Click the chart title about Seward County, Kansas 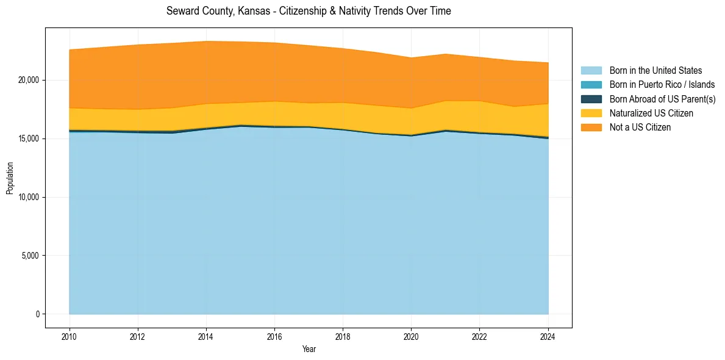coord(309,11)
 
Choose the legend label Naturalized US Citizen coord(651,113)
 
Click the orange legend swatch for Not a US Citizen coord(591,127)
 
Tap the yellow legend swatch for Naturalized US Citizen coord(591,113)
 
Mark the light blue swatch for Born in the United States coord(591,71)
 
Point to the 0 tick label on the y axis coord(37,314)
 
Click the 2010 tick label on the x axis coord(70,336)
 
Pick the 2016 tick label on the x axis coord(274,336)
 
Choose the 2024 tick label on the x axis coord(548,336)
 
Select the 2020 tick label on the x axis coord(411,336)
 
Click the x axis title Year coord(309,349)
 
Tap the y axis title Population coord(10,179)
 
